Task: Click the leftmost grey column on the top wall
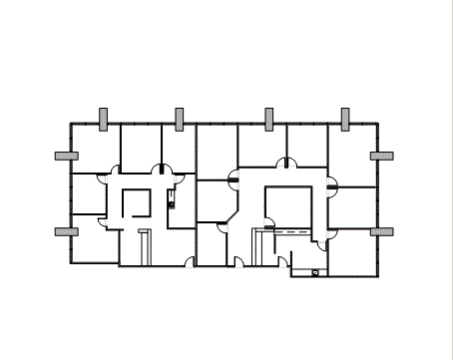tap(105, 119)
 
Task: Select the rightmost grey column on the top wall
tap(345, 119)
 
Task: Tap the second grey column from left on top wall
tap(179, 119)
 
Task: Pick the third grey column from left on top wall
tap(269, 119)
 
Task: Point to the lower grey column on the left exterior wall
tap(66, 231)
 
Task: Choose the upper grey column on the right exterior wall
tap(381, 156)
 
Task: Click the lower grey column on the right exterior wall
tap(381, 231)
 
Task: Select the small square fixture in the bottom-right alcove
tap(315, 271)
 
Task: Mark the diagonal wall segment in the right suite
tap(232, 216)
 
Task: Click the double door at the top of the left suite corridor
tap(160, 170)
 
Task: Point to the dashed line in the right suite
tap(294, 231)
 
